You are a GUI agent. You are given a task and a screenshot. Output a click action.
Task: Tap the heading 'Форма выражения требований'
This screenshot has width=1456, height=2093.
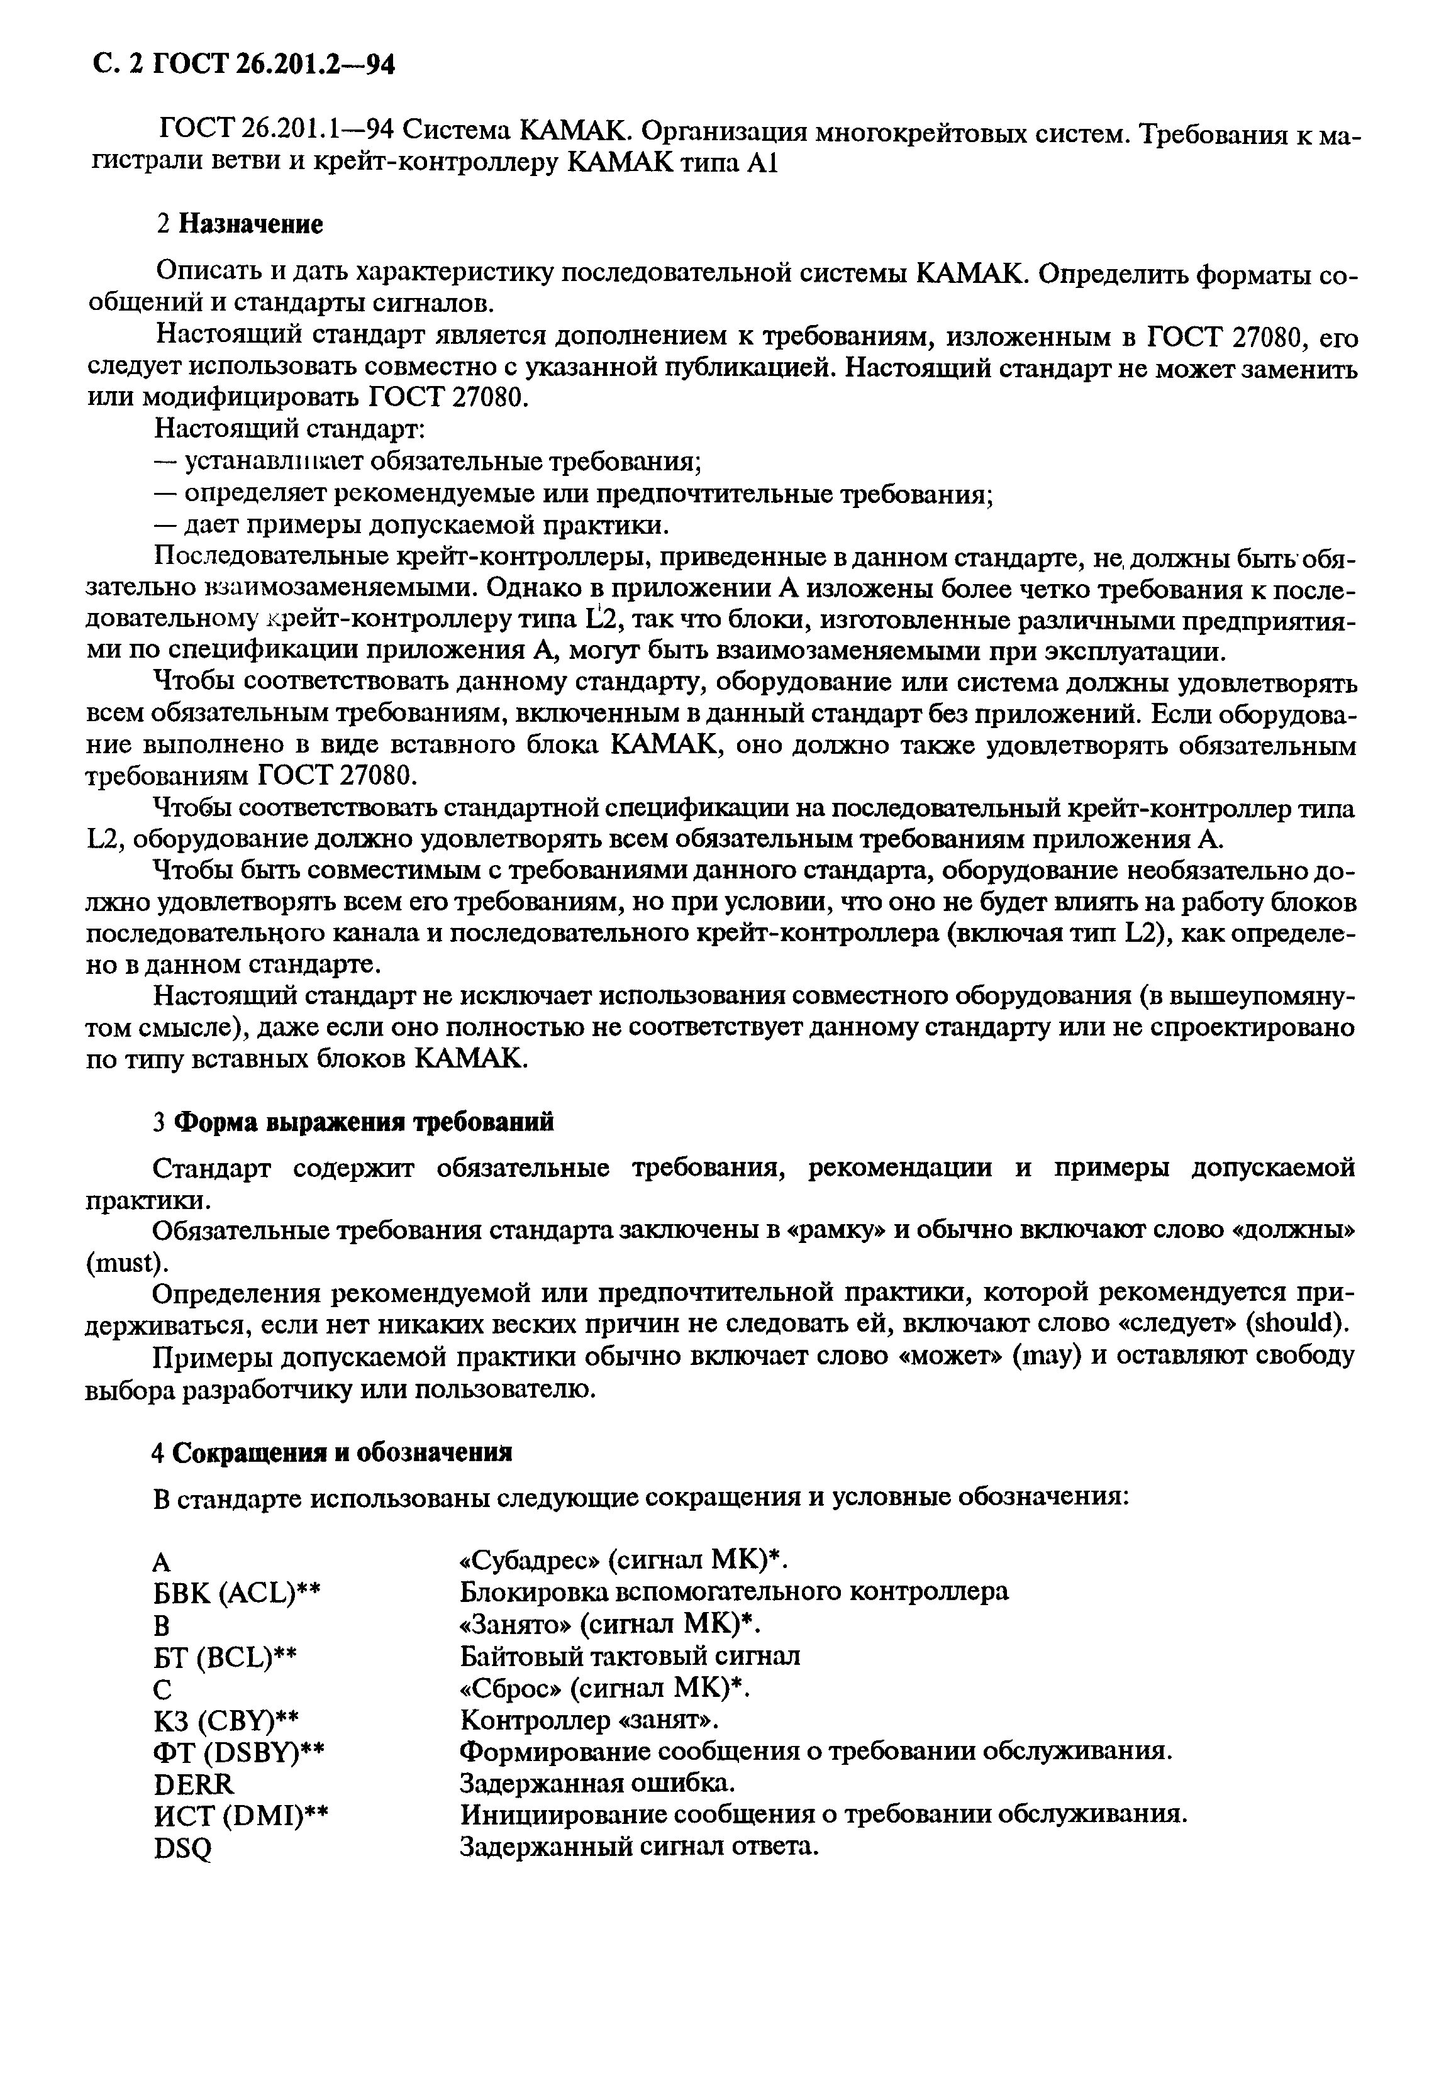click(x=363, y=1122)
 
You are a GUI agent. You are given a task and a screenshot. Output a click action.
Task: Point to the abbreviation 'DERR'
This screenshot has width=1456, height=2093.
click(x=194, y=1783)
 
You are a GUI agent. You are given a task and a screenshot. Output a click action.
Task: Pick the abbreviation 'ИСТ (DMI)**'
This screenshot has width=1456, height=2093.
click(x=241, y=1816)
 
